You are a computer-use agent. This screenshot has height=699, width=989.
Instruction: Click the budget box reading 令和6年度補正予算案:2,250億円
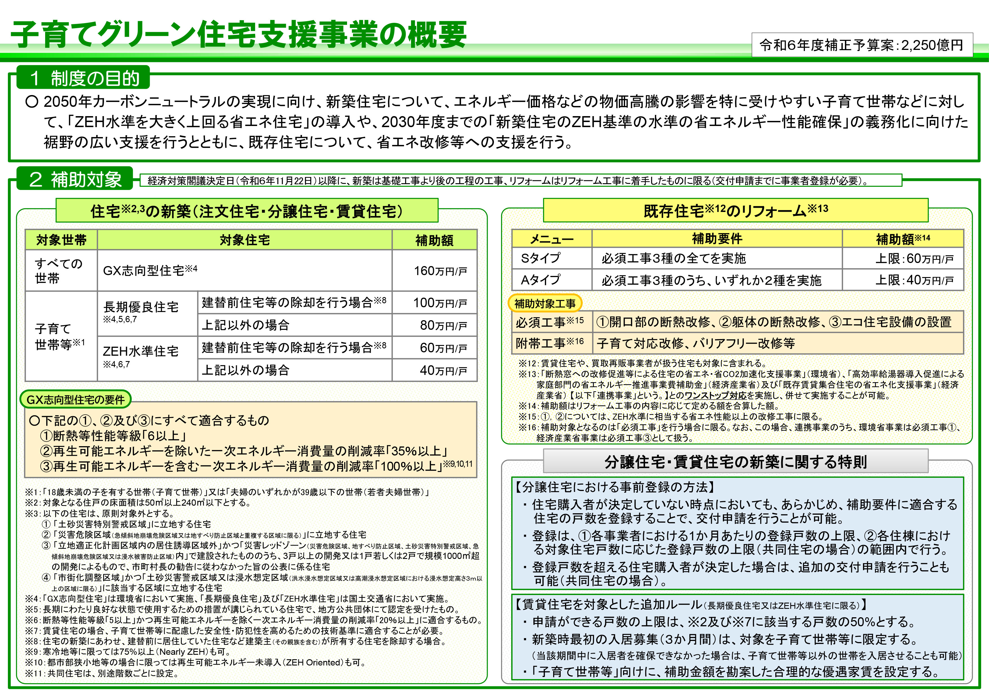tap(862, 45)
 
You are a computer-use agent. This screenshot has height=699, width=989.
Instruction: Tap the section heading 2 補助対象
tap(75, 179)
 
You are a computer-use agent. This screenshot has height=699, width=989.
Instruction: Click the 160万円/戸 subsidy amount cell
tap(434, 271)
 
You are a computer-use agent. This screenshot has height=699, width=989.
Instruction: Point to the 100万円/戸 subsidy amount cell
tap(434, 303)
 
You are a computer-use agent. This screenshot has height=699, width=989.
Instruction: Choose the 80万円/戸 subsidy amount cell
tap(434, 325)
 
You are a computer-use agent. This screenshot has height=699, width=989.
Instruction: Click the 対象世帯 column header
tap(61, 240)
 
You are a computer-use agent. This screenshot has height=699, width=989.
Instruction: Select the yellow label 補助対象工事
tap(545, 304)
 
